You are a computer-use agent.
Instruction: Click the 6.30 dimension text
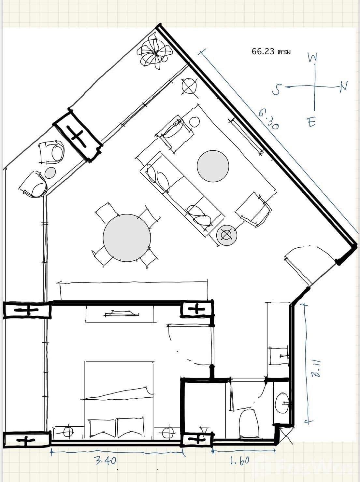[268, 119]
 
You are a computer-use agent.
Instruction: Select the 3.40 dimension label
[105, 460]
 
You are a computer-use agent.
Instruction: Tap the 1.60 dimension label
[239, 461]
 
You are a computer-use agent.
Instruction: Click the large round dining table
[127, 238]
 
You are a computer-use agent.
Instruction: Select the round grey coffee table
[213, 166]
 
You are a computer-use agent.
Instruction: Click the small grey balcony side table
[50, 172]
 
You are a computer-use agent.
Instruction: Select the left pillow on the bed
[102, 428]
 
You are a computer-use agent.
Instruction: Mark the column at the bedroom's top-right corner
[197, 309]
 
